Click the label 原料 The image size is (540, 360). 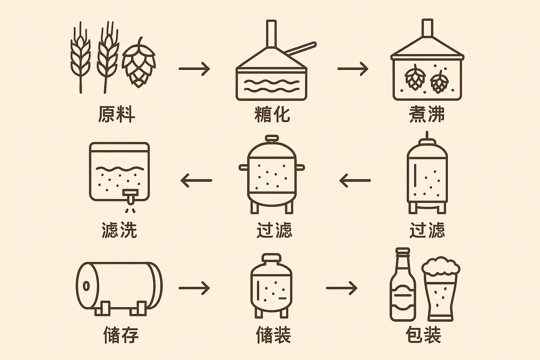click(116, 114)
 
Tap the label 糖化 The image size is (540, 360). click(272, 114)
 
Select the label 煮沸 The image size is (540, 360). click(427, 114)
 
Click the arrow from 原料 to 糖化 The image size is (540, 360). click(194, 69)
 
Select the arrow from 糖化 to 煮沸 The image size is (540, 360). click(353, 69)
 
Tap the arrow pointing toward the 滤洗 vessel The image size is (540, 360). click(196, 180)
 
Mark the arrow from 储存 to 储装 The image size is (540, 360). click(194, 288)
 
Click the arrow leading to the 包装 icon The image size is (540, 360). click(341, 288)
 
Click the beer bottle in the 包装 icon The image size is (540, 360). click(403, 287)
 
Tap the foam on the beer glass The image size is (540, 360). click(441, 266)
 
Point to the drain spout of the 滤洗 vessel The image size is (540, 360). click(130, 197)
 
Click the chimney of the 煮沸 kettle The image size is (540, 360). click(427, 28)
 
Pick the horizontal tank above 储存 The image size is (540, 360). click(119, 287)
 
